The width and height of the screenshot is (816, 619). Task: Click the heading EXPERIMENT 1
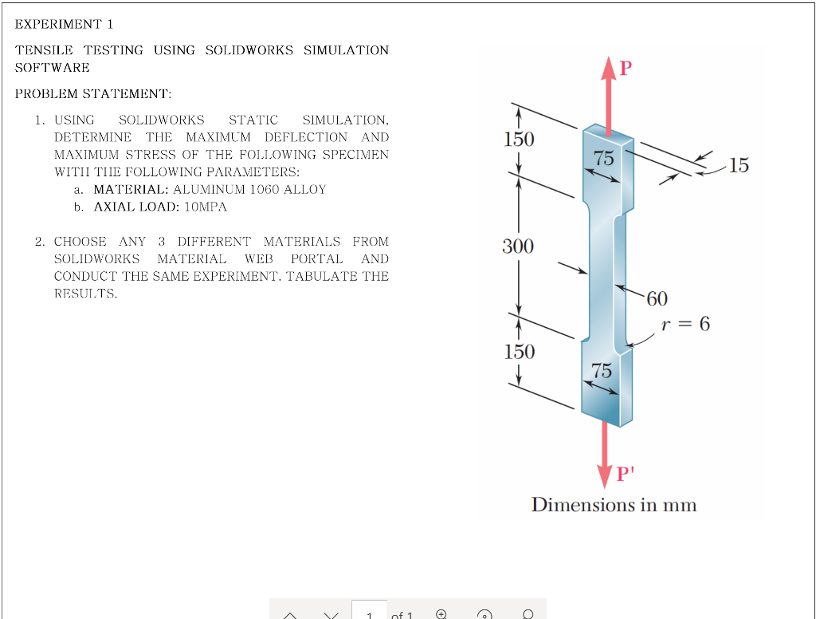click(65, 24)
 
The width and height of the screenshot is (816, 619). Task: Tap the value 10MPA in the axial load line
click(206, 207)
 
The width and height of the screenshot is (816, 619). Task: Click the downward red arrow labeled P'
click(606, 451)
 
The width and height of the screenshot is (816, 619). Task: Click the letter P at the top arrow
click(626, 69)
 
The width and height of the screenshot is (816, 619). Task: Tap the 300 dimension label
click(518, 246)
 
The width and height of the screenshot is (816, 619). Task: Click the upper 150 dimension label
click(519, 140)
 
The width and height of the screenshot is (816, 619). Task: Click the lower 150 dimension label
click(519, 352)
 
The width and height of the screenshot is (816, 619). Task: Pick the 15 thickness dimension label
click(739, 166)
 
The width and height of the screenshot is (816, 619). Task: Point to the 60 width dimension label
click(657, 299)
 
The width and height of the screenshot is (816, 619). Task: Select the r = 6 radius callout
click(685, 324)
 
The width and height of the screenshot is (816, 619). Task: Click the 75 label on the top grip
click(604, 158)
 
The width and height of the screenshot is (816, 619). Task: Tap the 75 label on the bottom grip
click(602, 370)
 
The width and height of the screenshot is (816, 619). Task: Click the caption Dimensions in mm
click(614, 505)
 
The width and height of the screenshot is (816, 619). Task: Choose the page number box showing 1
click(369, 613)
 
